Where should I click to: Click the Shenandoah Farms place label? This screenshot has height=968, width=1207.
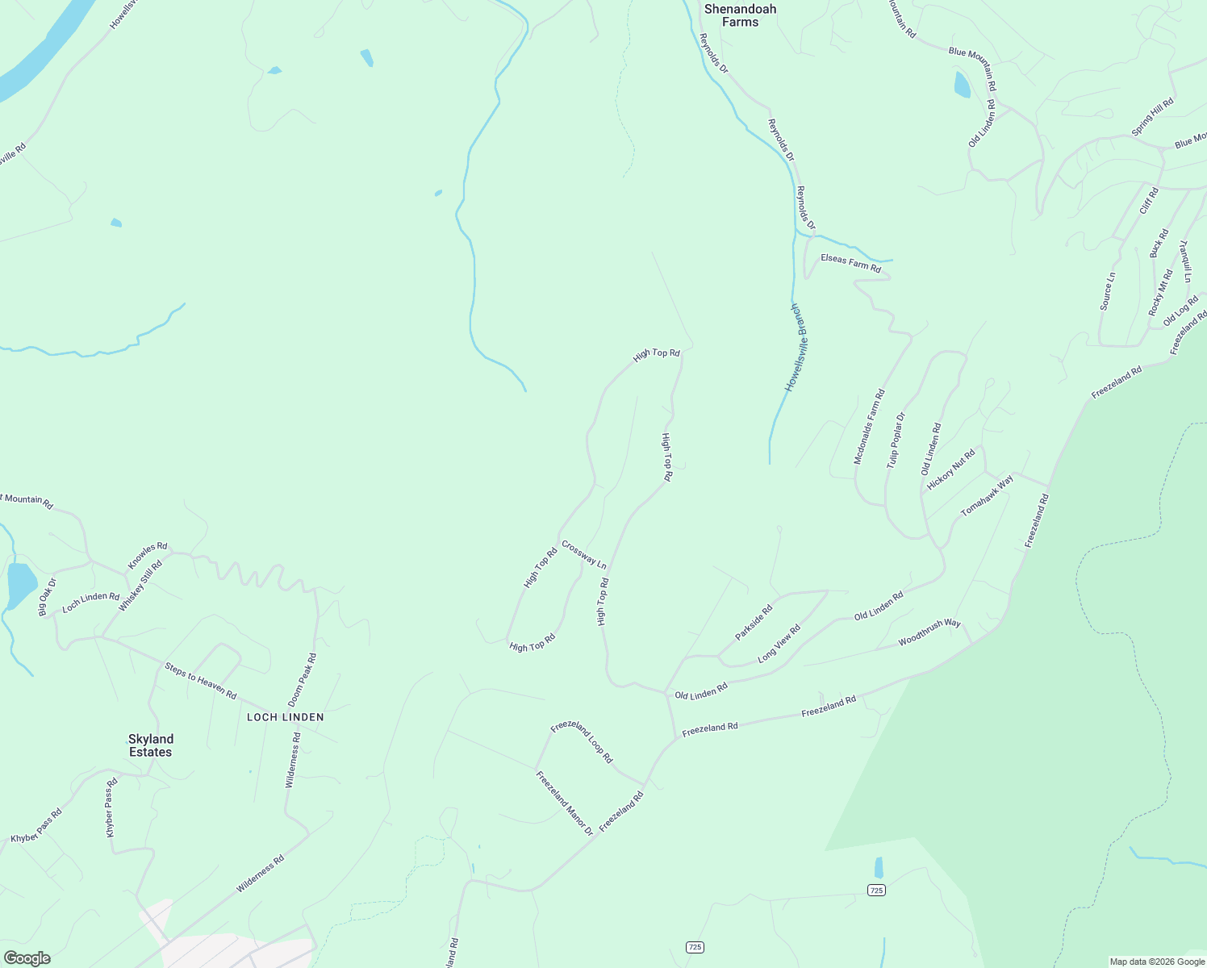click(x=740, y=15)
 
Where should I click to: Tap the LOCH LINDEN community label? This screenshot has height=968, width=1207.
click(x=285, y=717)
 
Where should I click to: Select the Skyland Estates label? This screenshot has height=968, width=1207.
click(x=151, y=745)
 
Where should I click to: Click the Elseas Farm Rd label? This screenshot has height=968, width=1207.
click(x=850, y=262)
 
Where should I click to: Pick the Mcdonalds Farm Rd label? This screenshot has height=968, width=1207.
click(x=869, y=427)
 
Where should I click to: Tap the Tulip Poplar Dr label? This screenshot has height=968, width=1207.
click(x=896, y=440)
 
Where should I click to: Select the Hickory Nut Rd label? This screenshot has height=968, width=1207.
click(x=951, y=469)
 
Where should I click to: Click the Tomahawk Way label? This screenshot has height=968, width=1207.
click(x=987, y=496)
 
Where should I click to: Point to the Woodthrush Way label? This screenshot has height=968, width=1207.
click(x=929, y=633)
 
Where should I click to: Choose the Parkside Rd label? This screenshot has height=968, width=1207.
click(x=754, y=623)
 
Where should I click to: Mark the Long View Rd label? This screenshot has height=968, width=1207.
click(x=779, y=644)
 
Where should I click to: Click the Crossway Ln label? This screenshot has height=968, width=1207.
click(x=583, y=555)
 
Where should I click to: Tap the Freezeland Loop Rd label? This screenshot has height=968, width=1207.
click(x=582, y=741)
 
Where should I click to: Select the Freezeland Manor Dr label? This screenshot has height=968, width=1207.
click(x=564, y=803)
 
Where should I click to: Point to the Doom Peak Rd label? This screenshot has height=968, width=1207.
click(x=303, y=680)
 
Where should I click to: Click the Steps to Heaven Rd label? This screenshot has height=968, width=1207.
click(x=200, y=681)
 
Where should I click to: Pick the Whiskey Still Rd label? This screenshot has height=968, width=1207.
click(x=140, y=586)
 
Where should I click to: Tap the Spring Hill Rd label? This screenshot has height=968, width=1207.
click(x=1152, y=117)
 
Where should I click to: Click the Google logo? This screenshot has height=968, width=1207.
click(x=27, y=958)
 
